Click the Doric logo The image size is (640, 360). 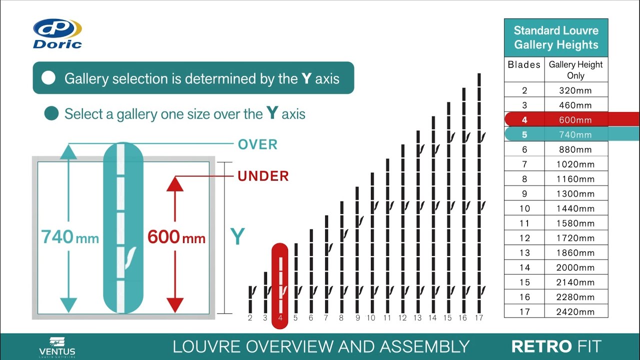click(57, 33)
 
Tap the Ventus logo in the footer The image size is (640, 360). click(57, 346)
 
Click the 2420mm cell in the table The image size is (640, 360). click(575, 311)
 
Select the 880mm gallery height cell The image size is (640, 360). click(575, 149)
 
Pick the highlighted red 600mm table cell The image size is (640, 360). click(575, 120)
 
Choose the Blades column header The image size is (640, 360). click(524, 64)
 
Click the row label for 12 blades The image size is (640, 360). click(524, 238)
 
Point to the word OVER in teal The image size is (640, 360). click(257, 144)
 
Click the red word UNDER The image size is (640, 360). click(263, 176)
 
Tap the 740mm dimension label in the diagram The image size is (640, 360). click(70, 237)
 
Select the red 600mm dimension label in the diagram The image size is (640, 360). click(176, 237)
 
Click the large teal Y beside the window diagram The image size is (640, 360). click(237, 237)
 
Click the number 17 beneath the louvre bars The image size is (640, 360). click(479, 318)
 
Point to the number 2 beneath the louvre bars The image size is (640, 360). click(250, 318)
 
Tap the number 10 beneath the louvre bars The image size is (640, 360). click(371, 318)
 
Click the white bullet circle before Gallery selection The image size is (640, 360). click(48, 78)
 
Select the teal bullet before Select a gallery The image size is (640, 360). click(51, 113)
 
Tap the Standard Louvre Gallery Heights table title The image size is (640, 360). click(556, 37)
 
